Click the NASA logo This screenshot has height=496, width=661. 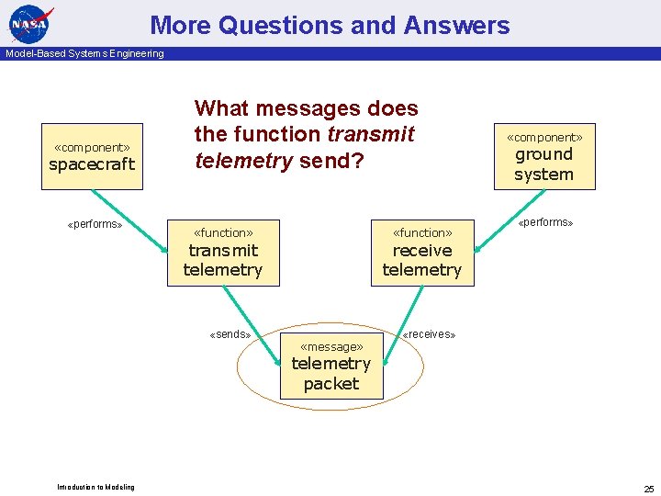pos(31,23)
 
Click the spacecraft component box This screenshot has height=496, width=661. pos(92,156)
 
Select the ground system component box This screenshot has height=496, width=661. pos(543,156)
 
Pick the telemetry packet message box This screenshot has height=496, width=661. pos(330,365)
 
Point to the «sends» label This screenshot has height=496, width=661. pos(230,334)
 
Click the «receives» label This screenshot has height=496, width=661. pos(430,334)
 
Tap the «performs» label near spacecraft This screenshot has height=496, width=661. pos(95,224)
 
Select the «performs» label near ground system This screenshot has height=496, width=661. pos(545,222)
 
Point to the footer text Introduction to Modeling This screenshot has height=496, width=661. pos(95,487)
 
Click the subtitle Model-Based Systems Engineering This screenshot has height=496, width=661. pos(84,53)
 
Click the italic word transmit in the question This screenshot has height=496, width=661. pos(371,134)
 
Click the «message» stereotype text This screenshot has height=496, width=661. pos(330,346)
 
